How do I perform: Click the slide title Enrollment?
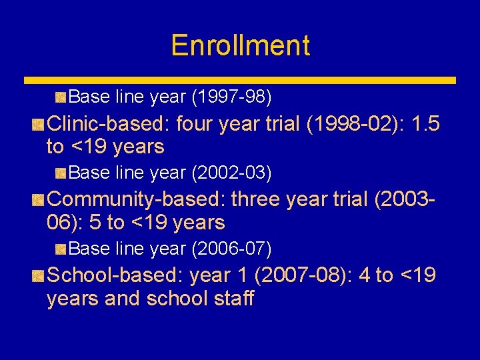[240, 45]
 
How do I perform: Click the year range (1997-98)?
[231, 97]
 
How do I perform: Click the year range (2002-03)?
[231, 173]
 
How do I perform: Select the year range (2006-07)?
[231, 249]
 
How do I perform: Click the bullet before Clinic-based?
[39, 125]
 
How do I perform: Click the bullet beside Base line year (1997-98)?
[61, 98]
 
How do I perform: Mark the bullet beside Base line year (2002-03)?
[61, 174]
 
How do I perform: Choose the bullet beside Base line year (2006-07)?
[61, 250]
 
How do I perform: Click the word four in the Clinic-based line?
[199, 124]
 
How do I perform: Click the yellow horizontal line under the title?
[240, 80]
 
